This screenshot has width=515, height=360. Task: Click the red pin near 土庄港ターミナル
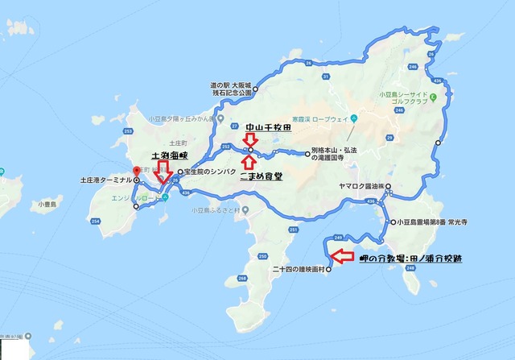tap(138, 171)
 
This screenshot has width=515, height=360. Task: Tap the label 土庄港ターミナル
tap(105, 180)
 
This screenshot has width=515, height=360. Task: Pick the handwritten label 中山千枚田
tap(267, 127)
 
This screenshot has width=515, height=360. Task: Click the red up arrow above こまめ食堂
tap(251, 163)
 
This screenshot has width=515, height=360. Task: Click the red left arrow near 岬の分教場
tap(342, 257)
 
